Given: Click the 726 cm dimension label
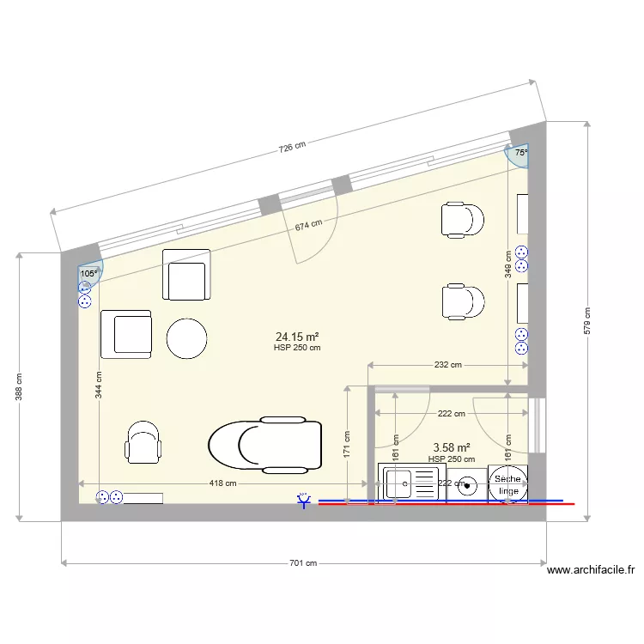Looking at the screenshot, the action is (x=292, y=147).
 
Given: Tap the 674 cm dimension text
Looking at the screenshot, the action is (x=308, y=225).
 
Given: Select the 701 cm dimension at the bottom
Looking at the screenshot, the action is (x=303, y=563).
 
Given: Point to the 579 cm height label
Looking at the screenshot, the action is (x=587, y=321).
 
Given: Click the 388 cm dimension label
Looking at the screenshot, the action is (x=19, y=387).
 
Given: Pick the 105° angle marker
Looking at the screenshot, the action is (x=89, y=274).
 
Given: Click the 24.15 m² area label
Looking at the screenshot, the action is (x=297, y=337).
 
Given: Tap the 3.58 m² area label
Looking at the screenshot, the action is (x=452, y=447).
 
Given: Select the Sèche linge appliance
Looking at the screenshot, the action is (x=508, y=484).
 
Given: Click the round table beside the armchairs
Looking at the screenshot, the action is (x=186, y=338).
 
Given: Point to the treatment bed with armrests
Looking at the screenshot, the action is (x=265, y=445).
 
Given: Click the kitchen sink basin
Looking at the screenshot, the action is (x=397, y=483).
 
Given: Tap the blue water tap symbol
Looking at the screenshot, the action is (x=303, y=501).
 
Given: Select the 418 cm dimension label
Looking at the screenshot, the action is (x=222, y=483).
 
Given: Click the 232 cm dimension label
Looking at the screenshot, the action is (x=447, y=365).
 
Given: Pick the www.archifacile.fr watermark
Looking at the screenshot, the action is (x=591, y=570).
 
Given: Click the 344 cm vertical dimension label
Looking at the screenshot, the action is (x=99, y=385).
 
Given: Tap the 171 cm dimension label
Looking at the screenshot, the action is (x=347, y=445).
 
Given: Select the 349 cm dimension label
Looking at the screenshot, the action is (x=508, y=264).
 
